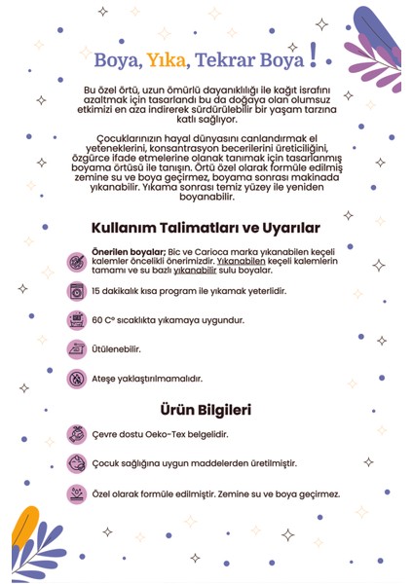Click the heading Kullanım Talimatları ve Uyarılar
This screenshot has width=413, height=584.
205,228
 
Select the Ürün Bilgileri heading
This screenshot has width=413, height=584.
206,410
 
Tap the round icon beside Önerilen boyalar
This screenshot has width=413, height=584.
75,262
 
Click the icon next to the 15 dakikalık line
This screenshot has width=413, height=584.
75,291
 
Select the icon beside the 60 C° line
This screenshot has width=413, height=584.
75,319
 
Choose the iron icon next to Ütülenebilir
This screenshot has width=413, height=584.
75,348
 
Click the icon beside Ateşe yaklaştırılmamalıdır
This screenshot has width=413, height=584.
75,378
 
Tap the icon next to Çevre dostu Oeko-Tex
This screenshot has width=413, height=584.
75,435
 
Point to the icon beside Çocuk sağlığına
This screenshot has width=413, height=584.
75,464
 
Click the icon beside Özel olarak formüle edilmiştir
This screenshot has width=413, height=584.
75,493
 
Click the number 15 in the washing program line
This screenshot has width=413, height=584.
95,291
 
